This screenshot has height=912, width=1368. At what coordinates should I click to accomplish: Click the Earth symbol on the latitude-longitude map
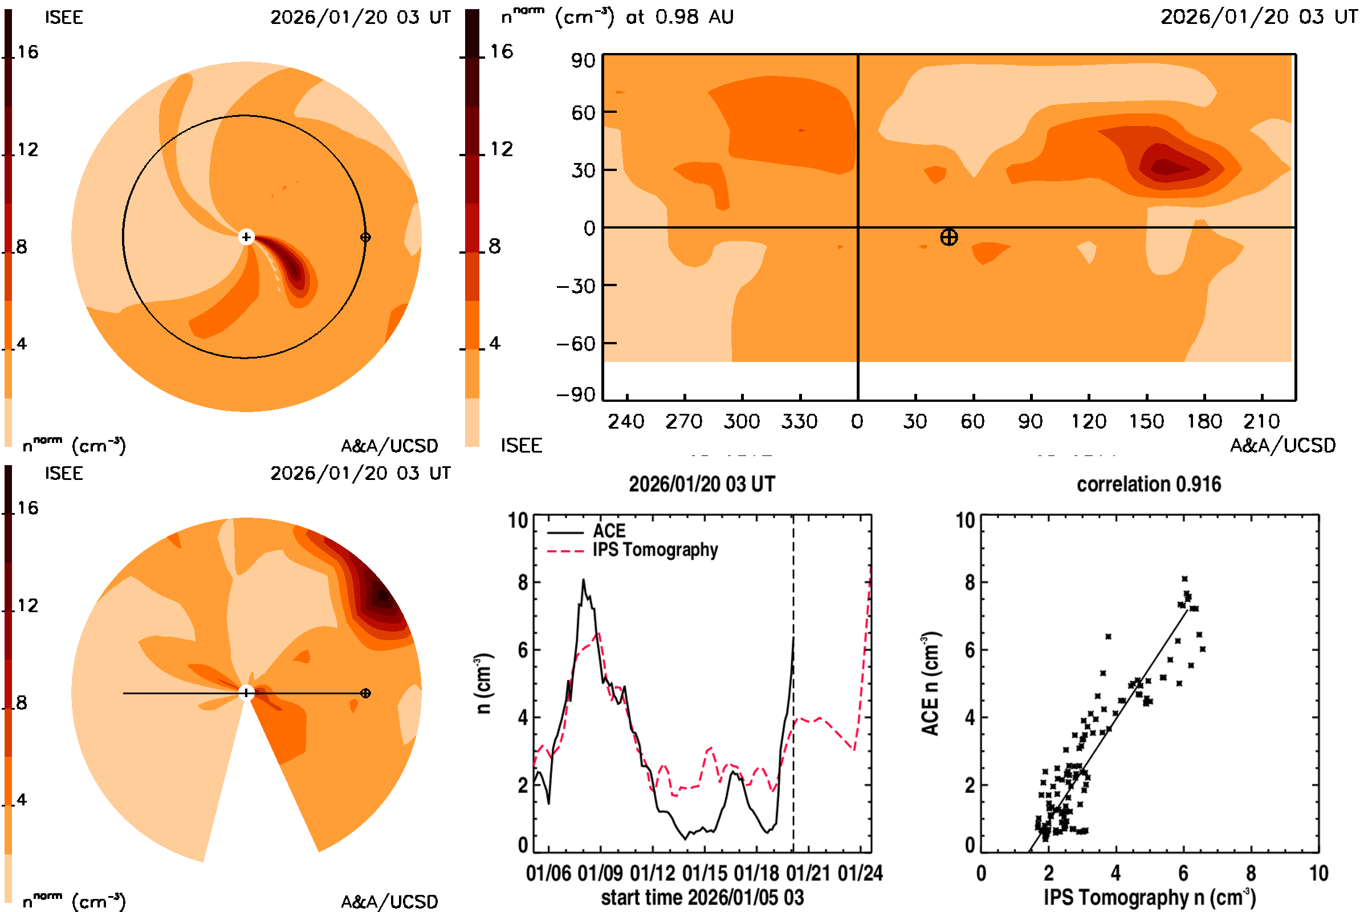[948, 237]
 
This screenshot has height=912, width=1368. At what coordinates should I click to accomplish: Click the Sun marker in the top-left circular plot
[246, 237]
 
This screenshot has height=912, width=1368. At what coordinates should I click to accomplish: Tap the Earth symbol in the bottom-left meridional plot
[365, 693]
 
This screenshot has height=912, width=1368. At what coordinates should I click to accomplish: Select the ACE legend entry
[608, 531]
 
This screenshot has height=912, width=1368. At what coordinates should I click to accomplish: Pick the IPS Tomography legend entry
[655, 549]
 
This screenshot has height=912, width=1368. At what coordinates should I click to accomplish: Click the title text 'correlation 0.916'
[1149, 484]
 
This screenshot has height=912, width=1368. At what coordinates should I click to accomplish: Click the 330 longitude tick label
[799, 421]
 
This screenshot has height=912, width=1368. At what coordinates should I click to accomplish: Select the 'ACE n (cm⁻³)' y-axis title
[931, 683]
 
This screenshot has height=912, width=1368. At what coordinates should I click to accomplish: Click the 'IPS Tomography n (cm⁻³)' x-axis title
[1149, 897]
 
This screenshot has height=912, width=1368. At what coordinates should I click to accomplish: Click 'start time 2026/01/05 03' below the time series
[702, 897]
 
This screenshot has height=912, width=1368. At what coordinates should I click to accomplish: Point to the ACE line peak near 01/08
[583, 580]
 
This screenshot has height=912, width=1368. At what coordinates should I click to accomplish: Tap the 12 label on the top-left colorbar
[27, 149]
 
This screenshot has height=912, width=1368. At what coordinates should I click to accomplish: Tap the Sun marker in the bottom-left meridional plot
[246, 693]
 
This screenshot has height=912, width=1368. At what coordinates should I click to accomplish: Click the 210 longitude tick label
[1261, 421]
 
